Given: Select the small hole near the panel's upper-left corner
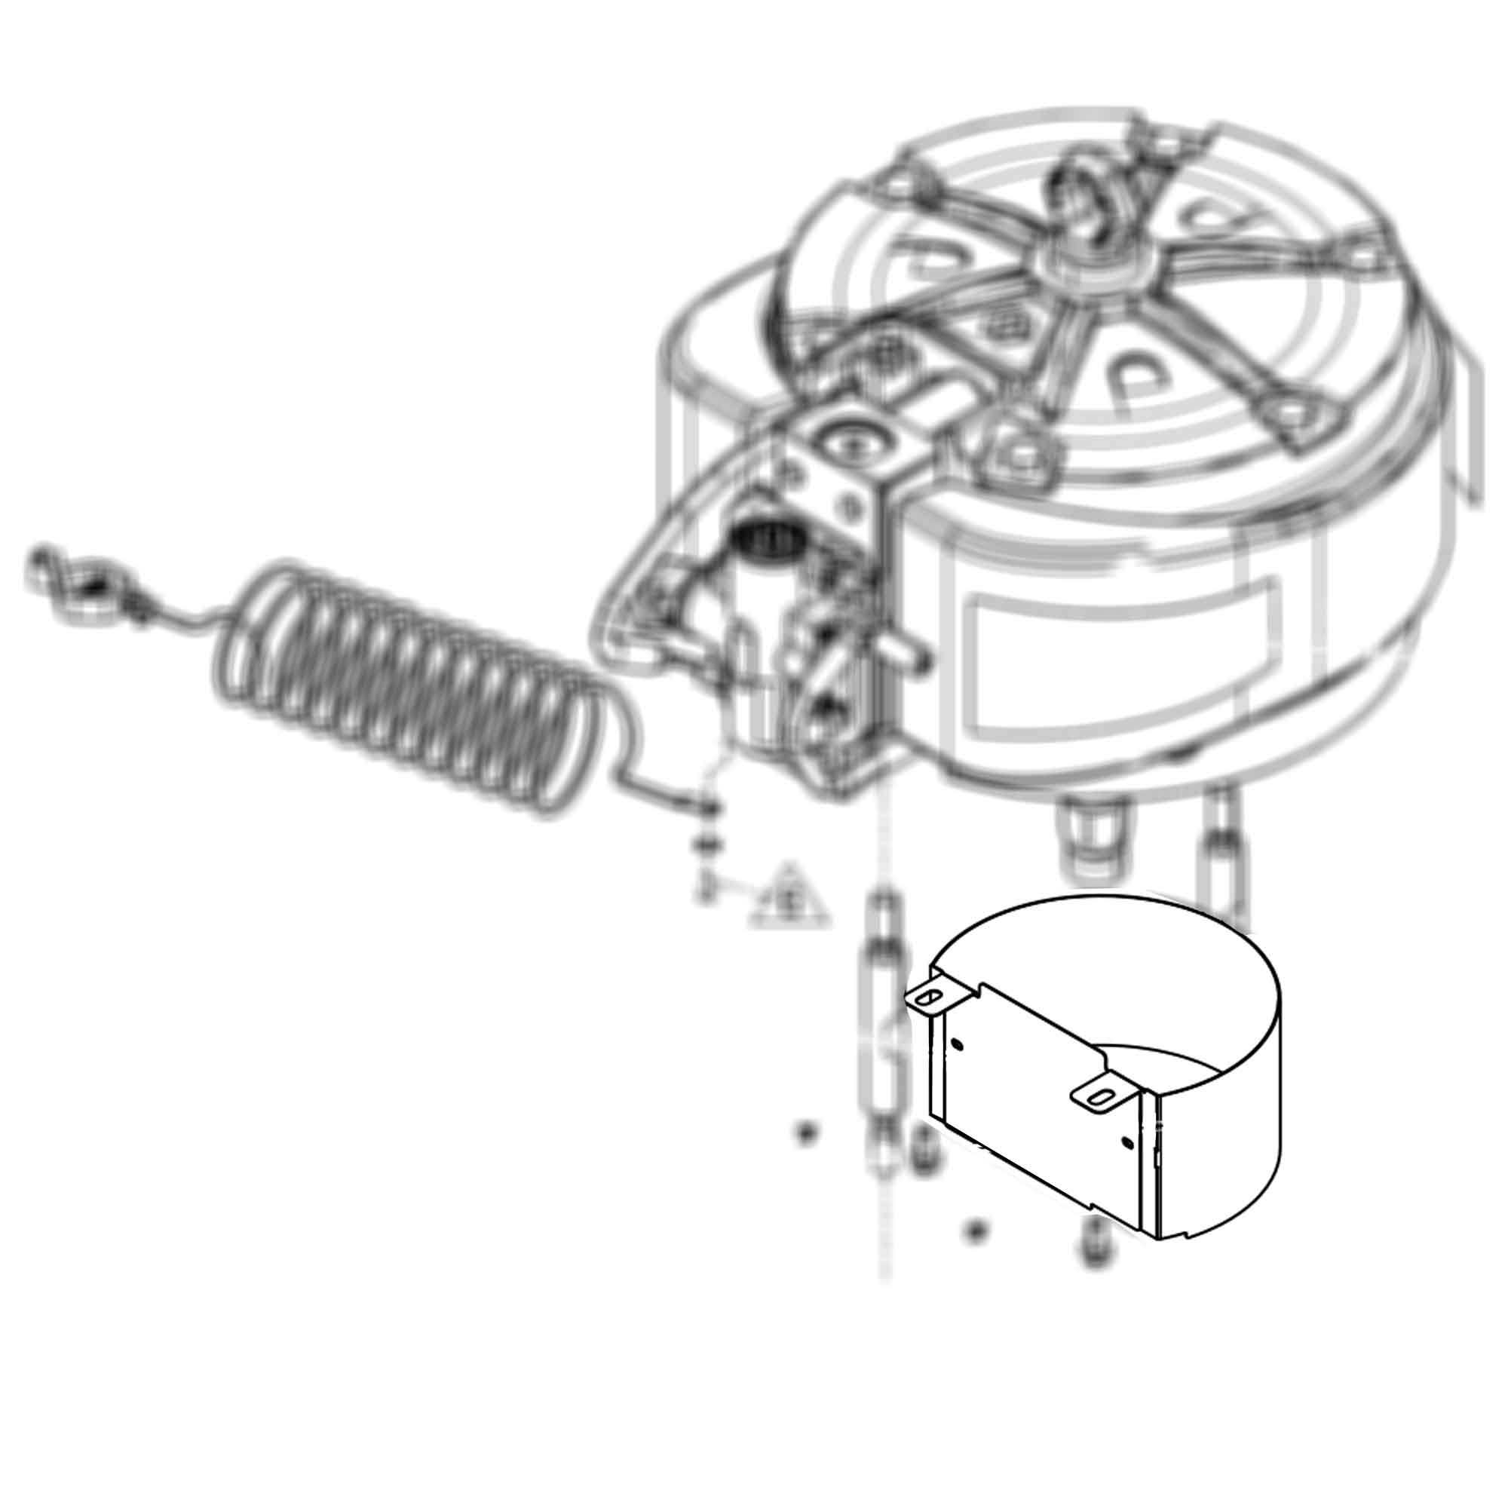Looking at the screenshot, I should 958,1045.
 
